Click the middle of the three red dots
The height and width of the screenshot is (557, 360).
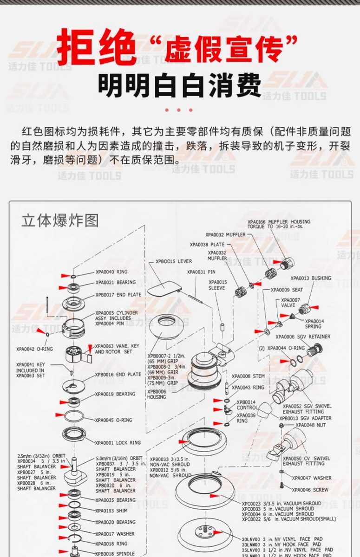pos(179,110)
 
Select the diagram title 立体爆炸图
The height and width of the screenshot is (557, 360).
pos(60,220)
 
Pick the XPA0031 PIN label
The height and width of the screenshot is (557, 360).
pos(201,272)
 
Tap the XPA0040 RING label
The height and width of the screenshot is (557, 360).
pos(111,272)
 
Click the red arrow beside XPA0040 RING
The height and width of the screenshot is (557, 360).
pos(66,276)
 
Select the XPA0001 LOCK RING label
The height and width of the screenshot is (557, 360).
pos(118,442)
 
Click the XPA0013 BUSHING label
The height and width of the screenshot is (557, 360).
pos(311,278)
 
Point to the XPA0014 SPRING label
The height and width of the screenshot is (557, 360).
pos(314,324)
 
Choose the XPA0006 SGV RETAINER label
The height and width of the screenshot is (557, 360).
pos(303,337)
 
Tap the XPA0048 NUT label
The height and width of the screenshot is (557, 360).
pos(311,425)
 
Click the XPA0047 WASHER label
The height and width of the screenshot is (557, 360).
pos(312,478)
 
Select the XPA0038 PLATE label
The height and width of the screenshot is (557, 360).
pos(207,244)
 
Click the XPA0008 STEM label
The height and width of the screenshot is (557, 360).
pos(248,376)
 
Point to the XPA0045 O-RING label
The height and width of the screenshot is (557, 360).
pos(114,420)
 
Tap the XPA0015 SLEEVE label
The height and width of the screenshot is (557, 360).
pos(217,285)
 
